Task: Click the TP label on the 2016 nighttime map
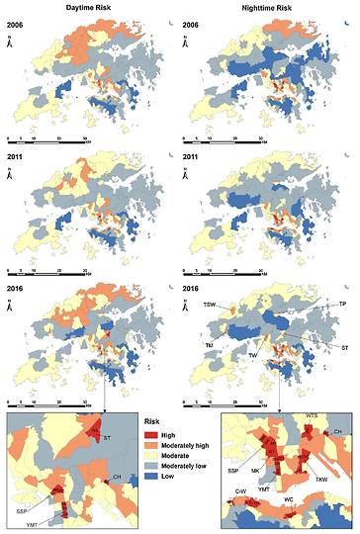(342, 305)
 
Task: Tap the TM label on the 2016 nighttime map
(210, 343)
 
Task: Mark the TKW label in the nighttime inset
(320, 478)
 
